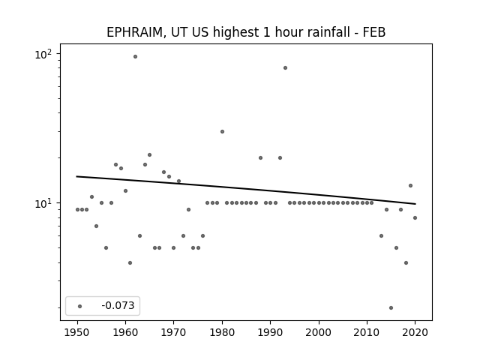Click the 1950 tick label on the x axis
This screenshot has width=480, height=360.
click(x=77, y=332)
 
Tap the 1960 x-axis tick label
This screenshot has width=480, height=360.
click(x=125, y=332)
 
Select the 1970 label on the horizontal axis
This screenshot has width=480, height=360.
click(x=174, y=332)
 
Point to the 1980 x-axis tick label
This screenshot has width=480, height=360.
click(x=222, y=332)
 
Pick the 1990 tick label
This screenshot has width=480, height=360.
click(x=270, y=332)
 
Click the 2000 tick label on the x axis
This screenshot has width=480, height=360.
click(x=319, y=332)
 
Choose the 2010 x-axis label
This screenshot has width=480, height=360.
click(x=367, y=332)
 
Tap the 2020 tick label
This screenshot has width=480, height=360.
click(x=415, y=332)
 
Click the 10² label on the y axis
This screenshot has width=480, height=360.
click(x=43, y=55)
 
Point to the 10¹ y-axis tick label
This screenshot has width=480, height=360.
click(x=43, y=203)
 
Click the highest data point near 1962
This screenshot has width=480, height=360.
click(x=135, y=57)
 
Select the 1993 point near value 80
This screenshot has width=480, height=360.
click(x=285, y=68)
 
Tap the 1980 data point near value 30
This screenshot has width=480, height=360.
click(x=222, y=132)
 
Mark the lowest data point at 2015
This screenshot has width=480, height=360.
click(x=391, y=308)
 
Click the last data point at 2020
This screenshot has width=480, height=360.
click(x=415, y=218)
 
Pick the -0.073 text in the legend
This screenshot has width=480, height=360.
click(x=118, y=305)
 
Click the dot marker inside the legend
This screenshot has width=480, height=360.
click(x=80, y=306)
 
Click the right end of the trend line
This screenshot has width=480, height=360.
click(x=415, y=204)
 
